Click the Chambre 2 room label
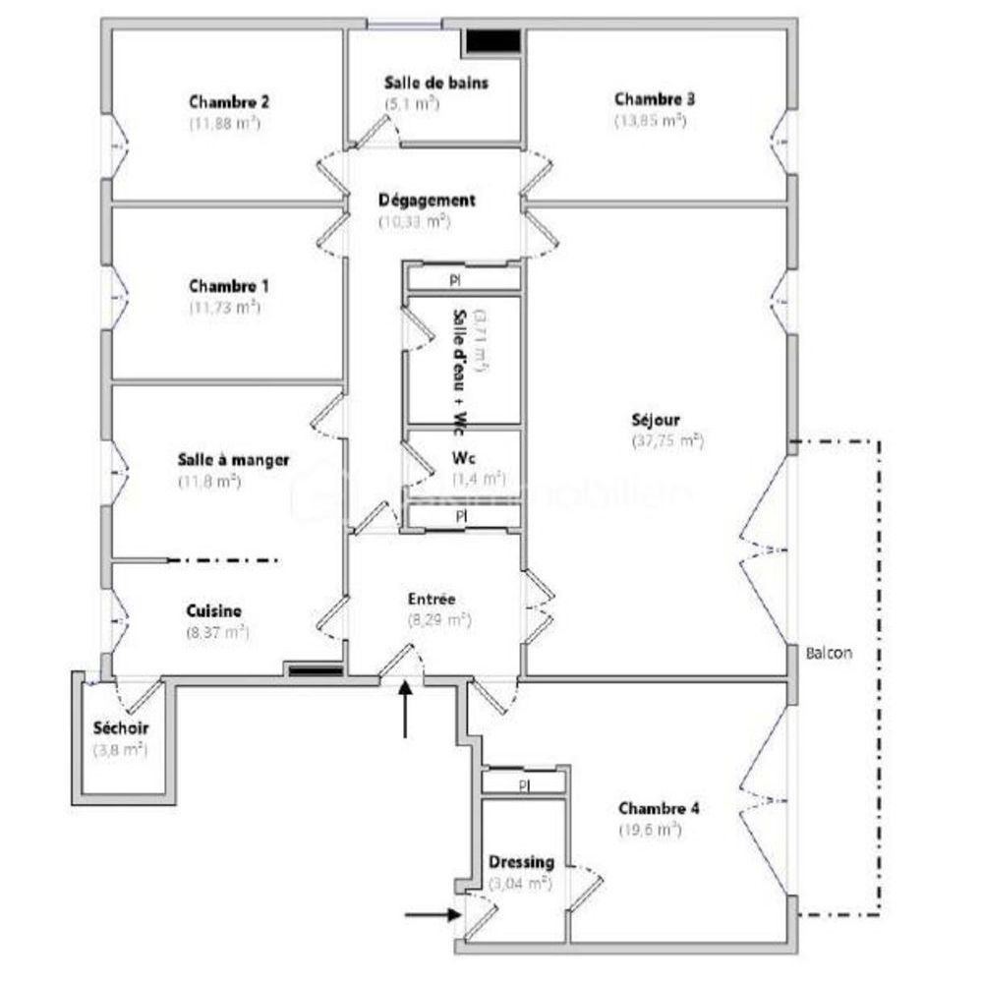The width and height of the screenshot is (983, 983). pyautogui.click(x=229, y=101)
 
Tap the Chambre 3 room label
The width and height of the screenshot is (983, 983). pyautogui.click(x=655, y=98)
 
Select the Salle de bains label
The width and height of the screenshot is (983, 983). pyautogui.click(x=435, y=83)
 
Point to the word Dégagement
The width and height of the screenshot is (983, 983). pyautogui.click(x=427, y=201)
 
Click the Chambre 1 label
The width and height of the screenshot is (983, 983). pyautogui.click(x=228, y=286)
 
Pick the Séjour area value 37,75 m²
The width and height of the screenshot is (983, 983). pyautogui.click(x=667, y=441)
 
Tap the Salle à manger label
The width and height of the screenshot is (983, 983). pyautogui.click(x=232, y=460)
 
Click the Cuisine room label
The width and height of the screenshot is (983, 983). pyautogui.click(x=213, y=611)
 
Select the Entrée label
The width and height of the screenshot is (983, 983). pyautogui.click(x=432, y=599)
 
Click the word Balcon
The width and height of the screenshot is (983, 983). pyautogui.click(x=828, y=653)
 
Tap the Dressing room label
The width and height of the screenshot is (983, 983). pyautogui.click(x=521, y=862)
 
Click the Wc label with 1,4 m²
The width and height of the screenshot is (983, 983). pyautogui.click(x=464, y=458)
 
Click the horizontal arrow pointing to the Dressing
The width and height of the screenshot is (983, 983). pyautogui.click(x=434, y=914)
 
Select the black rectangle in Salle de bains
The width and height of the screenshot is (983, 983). pyautogui.click(x=492, y=41)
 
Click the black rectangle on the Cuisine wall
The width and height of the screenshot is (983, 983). pyautogui.click(x=315, y=672)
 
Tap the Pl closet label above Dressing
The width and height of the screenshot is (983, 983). pyautogui.click(x=524, y=784)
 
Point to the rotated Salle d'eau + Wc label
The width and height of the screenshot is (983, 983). pyautogui.click(x=458, y=371)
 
